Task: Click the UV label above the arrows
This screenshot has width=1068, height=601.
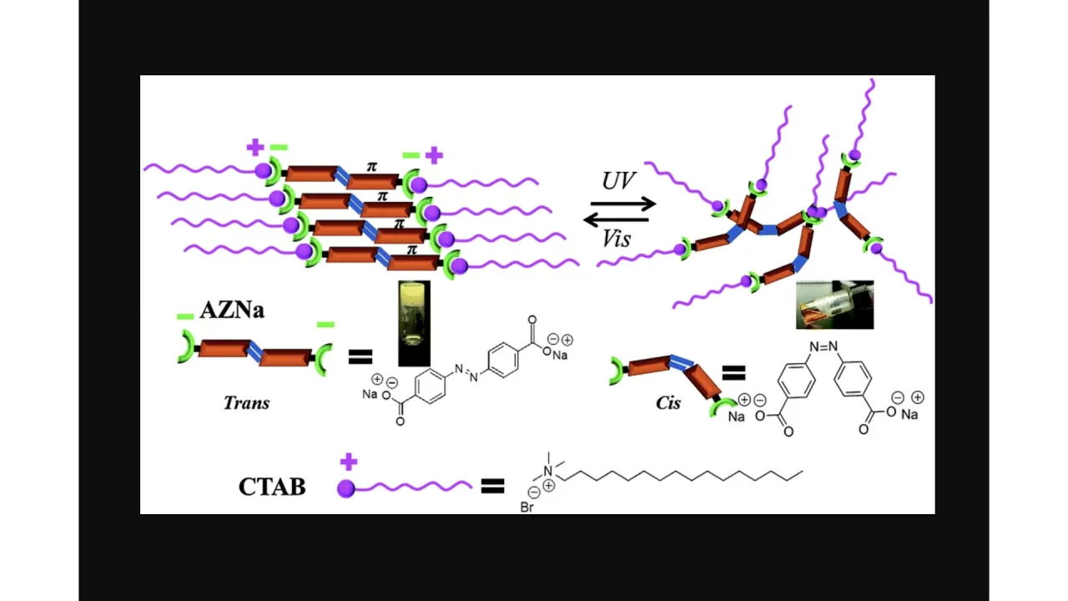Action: tap(618, 180)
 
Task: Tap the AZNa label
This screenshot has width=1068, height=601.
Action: tap(232, 311)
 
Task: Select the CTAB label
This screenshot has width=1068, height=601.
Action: tap(272, 487)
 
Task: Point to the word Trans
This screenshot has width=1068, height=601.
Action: tap(247, 402)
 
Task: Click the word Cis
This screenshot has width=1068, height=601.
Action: tap(668, 402)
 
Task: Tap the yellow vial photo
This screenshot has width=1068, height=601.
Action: tap(414, 323)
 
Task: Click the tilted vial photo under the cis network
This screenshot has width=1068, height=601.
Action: tap(834, 305)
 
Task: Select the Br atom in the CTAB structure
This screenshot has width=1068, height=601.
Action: tap(526, 507)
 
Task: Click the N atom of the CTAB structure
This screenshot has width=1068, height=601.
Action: tap(547, 472)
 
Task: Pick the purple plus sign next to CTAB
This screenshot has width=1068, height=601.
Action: tap(349, 462)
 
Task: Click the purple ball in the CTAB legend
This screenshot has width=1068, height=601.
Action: tap(346, 488)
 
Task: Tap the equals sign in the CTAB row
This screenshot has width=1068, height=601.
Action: tap(493, 486)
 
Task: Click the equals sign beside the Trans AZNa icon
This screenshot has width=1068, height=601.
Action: tap(360, 357)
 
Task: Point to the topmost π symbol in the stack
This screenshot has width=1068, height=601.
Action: tap(372, 166)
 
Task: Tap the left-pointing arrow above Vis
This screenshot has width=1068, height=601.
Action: tap(618, 220)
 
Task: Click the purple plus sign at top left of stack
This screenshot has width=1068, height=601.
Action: tap(254, 148)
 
